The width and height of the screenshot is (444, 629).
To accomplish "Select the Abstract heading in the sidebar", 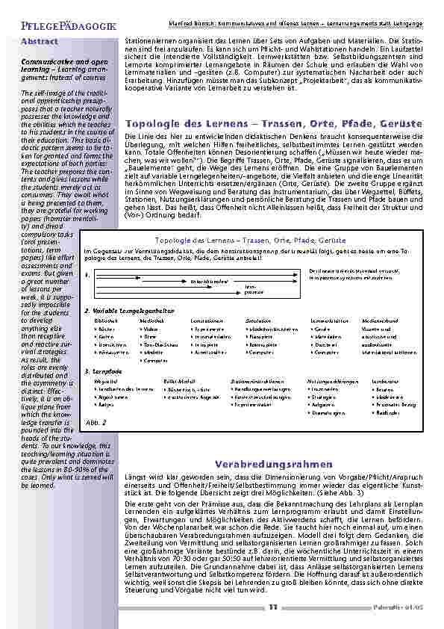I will coord(39,40).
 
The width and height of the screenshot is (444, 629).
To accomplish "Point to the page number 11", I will coord(273,607).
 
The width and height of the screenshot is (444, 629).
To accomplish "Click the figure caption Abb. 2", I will coord(96,422).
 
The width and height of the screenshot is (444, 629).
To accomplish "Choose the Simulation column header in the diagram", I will coord(258,320).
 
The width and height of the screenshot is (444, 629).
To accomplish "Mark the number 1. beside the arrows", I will coord(87,275).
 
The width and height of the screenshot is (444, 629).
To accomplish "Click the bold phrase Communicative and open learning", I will coord(63,62).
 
